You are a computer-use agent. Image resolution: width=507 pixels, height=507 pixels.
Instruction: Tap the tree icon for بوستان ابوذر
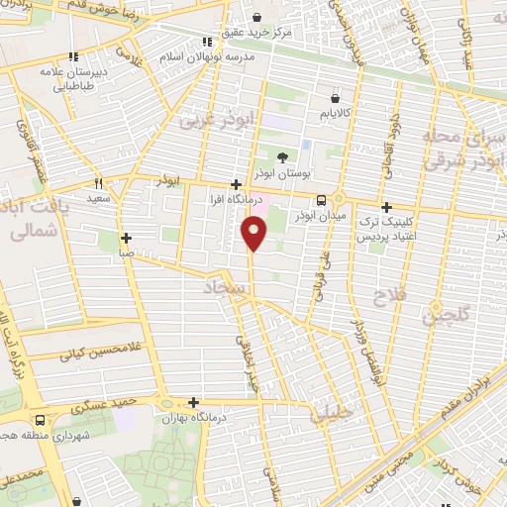(282, 156)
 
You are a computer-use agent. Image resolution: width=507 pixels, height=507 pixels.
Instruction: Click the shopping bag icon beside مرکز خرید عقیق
(257, 17)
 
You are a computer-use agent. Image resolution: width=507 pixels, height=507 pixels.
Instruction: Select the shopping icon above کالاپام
(337, 98)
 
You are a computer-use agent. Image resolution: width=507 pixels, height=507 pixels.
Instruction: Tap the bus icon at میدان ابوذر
(305, 202)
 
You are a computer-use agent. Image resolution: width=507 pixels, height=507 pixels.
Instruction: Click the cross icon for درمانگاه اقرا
(235, 184)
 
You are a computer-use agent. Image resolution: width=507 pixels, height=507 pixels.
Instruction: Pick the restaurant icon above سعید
(98, 183)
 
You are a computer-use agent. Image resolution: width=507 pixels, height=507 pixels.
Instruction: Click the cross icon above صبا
(126, 238)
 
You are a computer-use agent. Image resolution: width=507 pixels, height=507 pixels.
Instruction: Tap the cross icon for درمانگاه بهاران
(193, 403)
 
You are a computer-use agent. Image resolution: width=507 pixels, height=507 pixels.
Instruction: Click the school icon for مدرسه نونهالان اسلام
(208, 42)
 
